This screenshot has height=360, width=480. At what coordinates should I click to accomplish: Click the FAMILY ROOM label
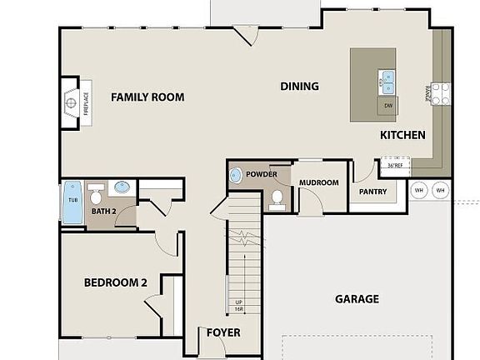[x=147, y=97]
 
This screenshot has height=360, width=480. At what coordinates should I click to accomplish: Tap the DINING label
[x=299, y=86]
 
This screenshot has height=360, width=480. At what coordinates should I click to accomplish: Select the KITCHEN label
[x=402, y=135]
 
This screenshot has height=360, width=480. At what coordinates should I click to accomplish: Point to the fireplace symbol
[x=72, y=104]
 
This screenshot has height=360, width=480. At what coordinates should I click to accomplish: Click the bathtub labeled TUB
[x=72, y=203]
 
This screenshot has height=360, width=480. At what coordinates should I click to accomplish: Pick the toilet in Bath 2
[x=96, y=197]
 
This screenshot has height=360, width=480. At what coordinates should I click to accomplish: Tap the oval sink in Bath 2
[x=123, y=187]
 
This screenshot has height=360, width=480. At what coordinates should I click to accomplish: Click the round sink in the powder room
[x=235, y=175]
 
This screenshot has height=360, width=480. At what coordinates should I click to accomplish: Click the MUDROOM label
[x=318, y=182]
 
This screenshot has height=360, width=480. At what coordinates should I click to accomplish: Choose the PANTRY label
[x=372, y=192]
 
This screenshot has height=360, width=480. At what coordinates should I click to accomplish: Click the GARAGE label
[x=357, y=299]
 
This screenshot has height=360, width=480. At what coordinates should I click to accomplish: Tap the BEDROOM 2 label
[x=115, y=282]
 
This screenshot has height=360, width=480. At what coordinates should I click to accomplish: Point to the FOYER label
[x=222, y=332]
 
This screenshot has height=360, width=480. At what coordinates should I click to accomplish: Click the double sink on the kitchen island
[x=387, y=81]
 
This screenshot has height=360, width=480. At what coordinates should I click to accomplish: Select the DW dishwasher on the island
[x=387, y=105]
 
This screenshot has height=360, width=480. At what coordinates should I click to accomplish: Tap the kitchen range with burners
[x=439, y=92]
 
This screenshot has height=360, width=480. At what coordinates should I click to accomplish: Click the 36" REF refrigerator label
[x=395, y=165]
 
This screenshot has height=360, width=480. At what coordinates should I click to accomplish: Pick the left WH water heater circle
[x=419, y=190]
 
